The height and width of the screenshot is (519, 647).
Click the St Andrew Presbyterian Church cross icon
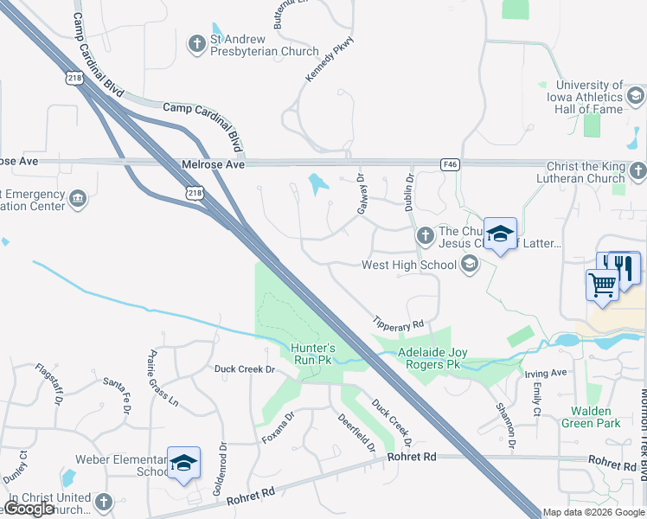[196, 42]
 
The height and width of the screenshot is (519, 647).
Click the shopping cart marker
[602, 283]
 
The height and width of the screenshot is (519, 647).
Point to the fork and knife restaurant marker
[624, 266]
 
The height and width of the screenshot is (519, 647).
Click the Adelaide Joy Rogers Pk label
[430, 359]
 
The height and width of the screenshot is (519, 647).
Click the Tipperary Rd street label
[398, 323]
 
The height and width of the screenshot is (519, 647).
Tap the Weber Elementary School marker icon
[183, 464]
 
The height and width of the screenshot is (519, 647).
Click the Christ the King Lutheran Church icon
[637, 170]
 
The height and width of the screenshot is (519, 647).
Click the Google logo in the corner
[28, 509]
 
